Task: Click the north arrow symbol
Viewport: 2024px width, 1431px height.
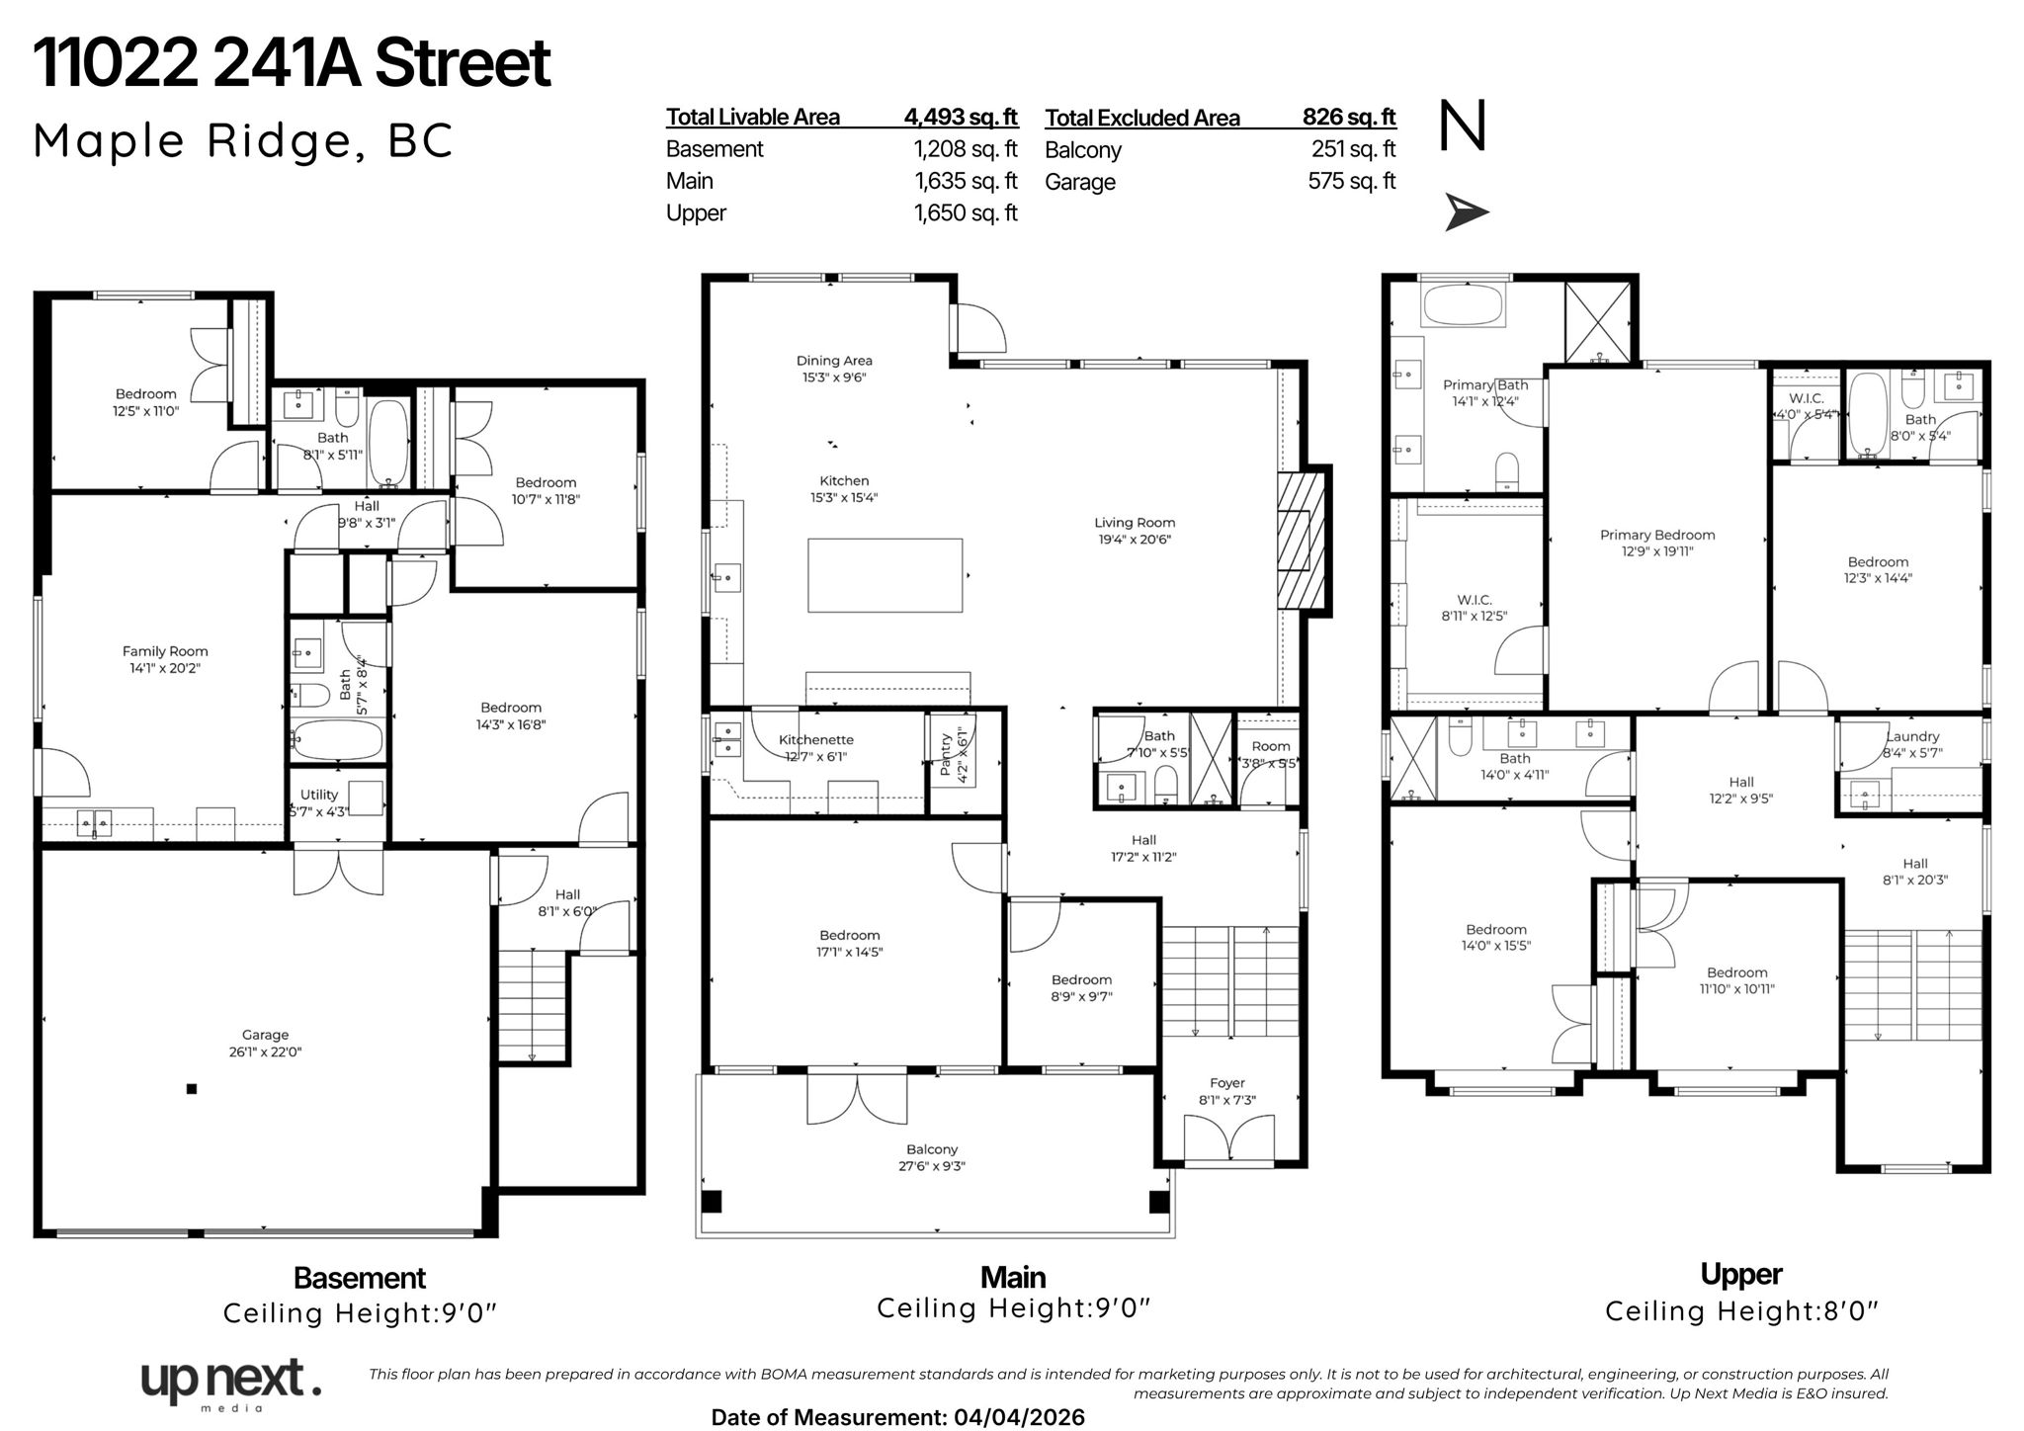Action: pyautogui.click(x=1467, y=212)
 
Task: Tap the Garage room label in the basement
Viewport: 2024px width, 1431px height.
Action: pyautogui.click(x=265, y=1035)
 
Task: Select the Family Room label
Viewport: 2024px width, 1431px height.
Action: pyautogui.click(x=165, y=651)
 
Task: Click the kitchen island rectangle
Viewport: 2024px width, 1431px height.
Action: pyautogui.click(x=885, y=575)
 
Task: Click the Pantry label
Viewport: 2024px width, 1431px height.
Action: pyautogui.click(x=946, y=754)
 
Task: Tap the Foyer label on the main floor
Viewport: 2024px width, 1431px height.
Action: pyautogui.click(x=1227, y=1083)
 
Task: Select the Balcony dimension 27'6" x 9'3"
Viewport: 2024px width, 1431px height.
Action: pyautogui.click(x=932, y=1166)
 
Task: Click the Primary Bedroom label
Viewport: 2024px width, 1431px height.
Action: pyautogui.click(x=1657, y=535)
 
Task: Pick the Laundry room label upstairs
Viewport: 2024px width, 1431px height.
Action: pyautogui.click(x=1912, y=736)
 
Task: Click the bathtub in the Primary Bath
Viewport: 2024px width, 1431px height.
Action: pyautogui.click(x=1464, y=305)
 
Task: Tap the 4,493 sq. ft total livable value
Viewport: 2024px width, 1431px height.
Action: pyautogui.click(x=961, y=117)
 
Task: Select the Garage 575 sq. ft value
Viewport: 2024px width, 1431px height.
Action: pyautogui.click(x=1352, y=181)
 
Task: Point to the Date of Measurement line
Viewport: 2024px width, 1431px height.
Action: pyautogui.click(x=897, y=1417)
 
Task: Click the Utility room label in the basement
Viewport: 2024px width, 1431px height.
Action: pyautogui.click(x=319, y=795)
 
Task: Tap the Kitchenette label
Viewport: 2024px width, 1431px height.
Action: pyautogui.click(x=815, y=739)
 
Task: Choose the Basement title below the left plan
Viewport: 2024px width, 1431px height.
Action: pyautogui.click(x=360, y=1278)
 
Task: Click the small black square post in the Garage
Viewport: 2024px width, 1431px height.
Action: pyautogui.click(x=192, y=1089)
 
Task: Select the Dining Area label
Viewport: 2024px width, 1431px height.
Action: pyautogui.click(x=834, y=361)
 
